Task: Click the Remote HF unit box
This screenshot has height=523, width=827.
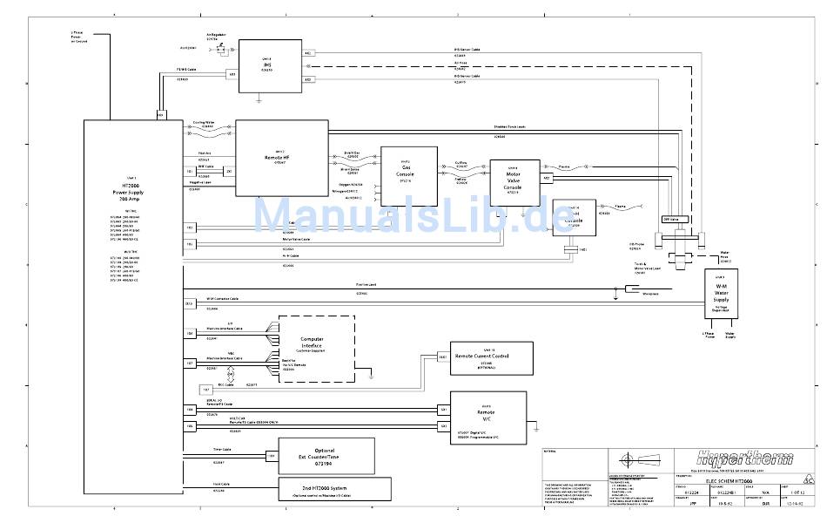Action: coord(279,158)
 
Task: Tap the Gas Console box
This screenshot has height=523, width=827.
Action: coord(406,174)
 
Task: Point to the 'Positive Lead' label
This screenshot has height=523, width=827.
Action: coord(366,285)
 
